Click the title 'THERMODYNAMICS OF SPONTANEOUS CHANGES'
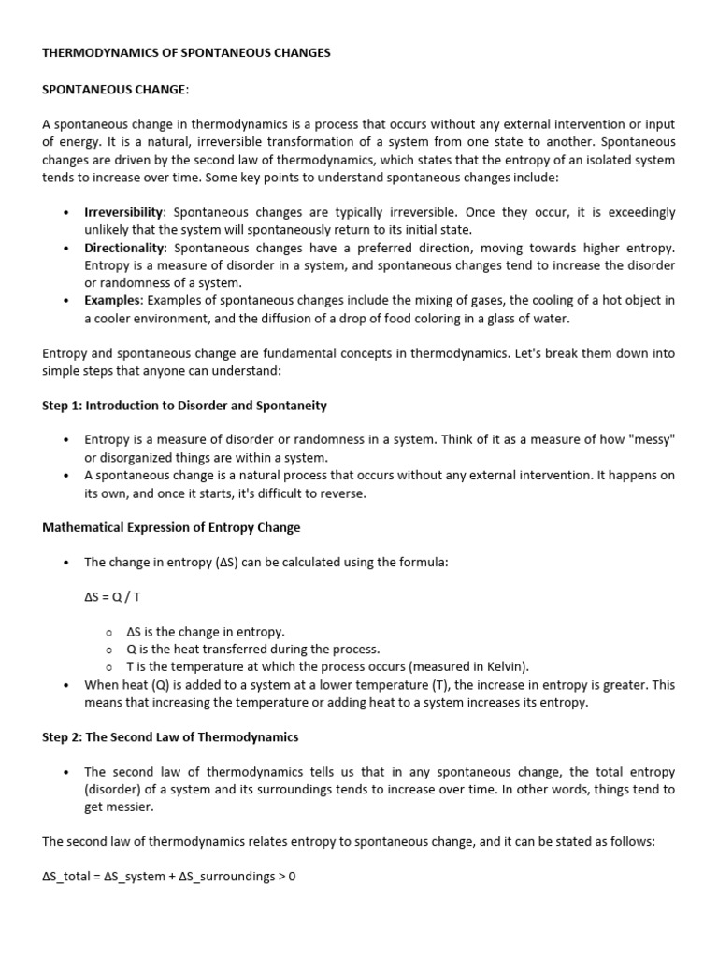(x=186, y=53)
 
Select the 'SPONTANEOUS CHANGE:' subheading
(x=115, y=89)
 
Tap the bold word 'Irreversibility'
(x=125, y=212)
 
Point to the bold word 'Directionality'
(x=125, y=248)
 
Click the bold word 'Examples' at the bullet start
(x=111, y=301)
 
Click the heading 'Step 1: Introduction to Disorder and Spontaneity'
(x=184, y=406)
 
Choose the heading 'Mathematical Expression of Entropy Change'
(x=171, y=527)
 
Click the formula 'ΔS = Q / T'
(x=113, y=596)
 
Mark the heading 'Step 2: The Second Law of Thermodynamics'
(x=170, y=736)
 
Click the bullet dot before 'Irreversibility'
(x=65, y=213)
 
